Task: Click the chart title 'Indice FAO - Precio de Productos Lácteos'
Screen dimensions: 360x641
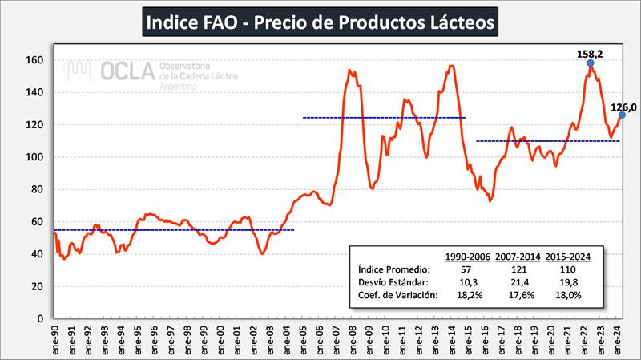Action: (320, 22)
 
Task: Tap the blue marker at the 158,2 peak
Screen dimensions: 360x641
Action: (590, 63)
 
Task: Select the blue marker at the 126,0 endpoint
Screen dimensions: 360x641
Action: (622, 115)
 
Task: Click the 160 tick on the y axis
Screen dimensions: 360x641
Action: (34, 60)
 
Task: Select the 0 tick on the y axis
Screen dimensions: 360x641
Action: (39, 318)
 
